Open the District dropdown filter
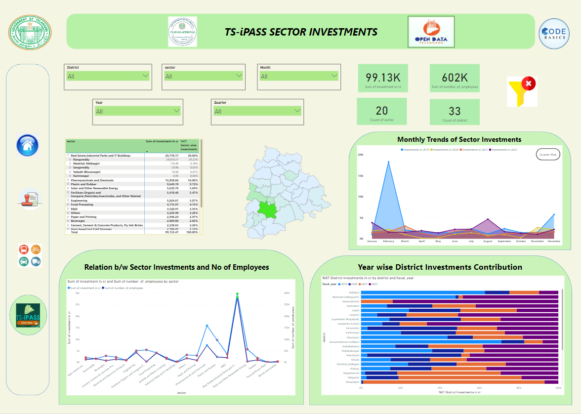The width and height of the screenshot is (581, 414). click(x=108, y=76)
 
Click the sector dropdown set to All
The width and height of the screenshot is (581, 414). click(x=204, y=76)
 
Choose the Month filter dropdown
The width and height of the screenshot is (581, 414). click(x=299, y=76)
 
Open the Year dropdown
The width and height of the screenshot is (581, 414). click(x=138, y=111)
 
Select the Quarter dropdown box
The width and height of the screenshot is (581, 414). click(x=257, y=111)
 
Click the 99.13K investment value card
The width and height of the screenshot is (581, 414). click(x=382, y=78)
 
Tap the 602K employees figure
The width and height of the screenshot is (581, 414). click(x=455, y=78)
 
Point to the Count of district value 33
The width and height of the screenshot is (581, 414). click(x=455, y=111)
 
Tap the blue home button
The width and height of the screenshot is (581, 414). click(x=28, y=145)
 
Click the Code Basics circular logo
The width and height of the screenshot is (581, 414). click(x=553, y=34)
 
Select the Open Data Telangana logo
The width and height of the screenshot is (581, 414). click(x=431, y=32)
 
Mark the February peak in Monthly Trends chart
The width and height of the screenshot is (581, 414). click(x=388, y=162)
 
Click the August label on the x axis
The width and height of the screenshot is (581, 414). click(x=488, y=241)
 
